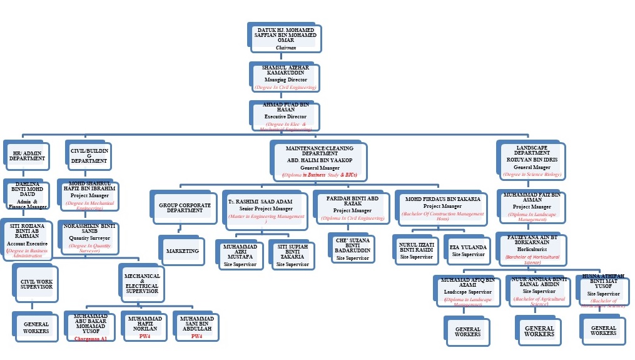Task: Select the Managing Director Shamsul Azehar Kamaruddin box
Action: click(x=285, y=78)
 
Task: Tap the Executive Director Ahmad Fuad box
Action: click(x=285, y=116)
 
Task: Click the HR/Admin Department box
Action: click(x=27, y=156)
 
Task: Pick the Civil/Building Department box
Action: click(x=89, y=156)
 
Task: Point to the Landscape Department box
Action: click(x=532, y=160)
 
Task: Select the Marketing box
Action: click(x=182, y=251)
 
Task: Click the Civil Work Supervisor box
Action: click(x=36, y=284)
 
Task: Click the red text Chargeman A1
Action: click(x=91, y=338)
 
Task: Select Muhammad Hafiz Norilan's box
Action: click(x=145, y=327)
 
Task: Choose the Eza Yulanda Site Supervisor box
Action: click(x=468, y=250)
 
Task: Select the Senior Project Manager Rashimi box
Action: click(x=266, y=208)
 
